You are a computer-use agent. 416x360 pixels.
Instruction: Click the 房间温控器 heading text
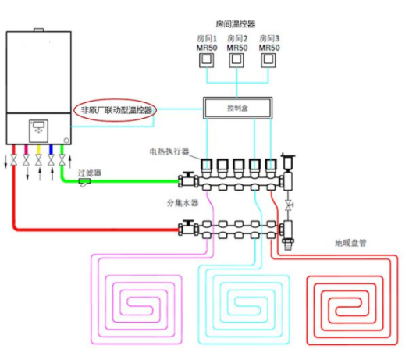(x=236, y=24)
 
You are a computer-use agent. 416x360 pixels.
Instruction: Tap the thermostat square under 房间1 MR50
(x=206, y=60)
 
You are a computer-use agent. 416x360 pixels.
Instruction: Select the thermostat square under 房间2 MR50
(x=236, y=60)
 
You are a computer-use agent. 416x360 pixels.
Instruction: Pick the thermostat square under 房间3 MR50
(x=268, y=60)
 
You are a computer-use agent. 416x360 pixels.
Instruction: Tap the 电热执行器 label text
(x=169, y=151)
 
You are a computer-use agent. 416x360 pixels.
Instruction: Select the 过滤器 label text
(x=90, y=173)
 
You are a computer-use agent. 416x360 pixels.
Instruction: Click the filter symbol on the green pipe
(x=84, y=183)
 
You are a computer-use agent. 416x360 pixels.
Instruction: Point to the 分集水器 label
(x=183, y=203)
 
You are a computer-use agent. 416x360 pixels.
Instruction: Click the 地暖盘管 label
(x=350, y=243)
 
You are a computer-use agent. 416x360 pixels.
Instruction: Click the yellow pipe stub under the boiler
(x=38, y=150)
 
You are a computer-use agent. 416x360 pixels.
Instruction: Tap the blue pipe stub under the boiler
(x=51, y=150)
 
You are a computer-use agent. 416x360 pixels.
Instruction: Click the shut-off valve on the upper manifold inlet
(x=187, y=180)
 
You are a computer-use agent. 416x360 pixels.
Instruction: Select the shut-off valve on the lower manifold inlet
(x=187, y=228)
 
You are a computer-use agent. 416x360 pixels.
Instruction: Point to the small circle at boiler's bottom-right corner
(x=66, y=141)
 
